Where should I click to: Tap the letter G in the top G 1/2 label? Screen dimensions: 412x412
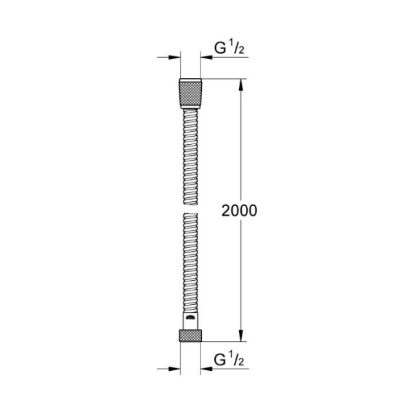221,49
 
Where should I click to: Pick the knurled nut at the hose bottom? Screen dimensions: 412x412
190,336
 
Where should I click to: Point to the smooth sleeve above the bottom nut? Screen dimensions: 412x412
190,321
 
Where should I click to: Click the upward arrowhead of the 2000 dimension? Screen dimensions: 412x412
240,85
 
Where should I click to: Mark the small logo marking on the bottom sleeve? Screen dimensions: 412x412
190,319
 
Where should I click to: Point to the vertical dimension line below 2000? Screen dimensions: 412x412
240,275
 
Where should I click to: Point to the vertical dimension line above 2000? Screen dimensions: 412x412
240,144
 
